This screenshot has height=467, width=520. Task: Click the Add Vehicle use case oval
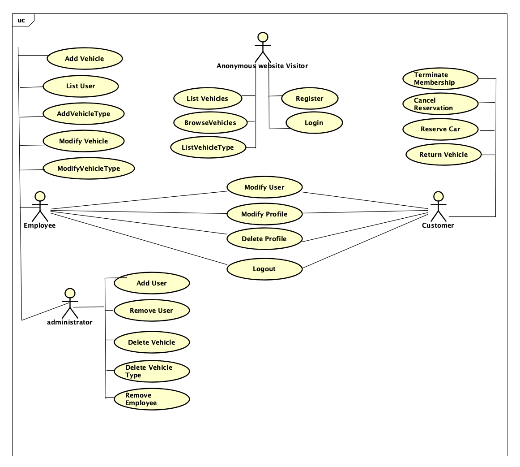click(x=85, y=58)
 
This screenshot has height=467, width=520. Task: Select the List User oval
click(x=81, y=86)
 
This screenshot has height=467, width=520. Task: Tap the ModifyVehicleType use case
click(x=89, y=169)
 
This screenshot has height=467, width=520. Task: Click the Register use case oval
click(x=310, y=98)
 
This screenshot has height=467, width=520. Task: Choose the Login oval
click(x=314, y=123)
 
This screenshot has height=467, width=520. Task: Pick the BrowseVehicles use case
click(x=211, y=123)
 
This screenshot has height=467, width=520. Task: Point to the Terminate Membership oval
click(x=440, y=79)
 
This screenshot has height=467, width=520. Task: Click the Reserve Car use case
click(x=440, y=129)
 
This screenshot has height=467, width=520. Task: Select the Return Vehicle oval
click(x=443, y=155)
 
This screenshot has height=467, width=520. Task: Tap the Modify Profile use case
click(x=264, y=214)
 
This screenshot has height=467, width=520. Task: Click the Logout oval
click(x=264, y=269)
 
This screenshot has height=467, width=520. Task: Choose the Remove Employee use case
click(x=152, y=399)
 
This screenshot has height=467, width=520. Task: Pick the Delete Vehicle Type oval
click(x=152, y=372)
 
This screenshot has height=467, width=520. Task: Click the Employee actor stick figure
click(x=40, y=206)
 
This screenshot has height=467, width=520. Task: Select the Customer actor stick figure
click(x=439, y=206)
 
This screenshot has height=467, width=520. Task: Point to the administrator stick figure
click(x=70, y=303)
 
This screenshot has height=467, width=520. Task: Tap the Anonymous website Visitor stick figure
click(x=263, y=47)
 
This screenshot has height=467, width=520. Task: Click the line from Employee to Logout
click(x=139, y=238)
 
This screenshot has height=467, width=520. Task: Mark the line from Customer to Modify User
click(x=365, y=200)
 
